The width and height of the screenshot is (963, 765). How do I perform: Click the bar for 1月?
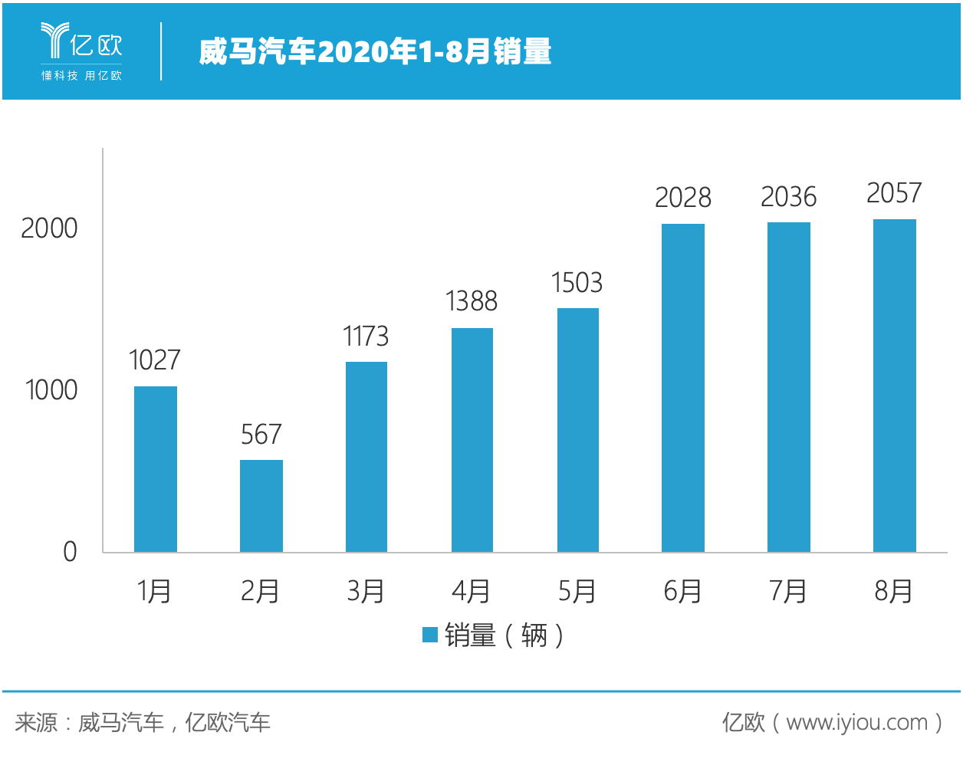coord(156,469)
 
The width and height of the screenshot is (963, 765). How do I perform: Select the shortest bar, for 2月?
coord(261,506)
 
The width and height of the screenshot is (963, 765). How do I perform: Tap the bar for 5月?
coord(578,430)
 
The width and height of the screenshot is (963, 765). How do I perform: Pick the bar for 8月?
coord(895,386)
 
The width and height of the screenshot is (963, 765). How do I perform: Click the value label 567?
coord(261,435)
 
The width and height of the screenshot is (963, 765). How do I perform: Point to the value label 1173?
coord(366,337)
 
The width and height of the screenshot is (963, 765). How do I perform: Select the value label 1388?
coord(472,301)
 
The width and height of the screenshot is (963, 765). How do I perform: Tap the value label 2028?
coord(683,198)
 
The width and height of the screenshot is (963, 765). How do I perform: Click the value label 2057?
coord(894,193)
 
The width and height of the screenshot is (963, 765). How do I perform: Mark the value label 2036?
coord(788,197)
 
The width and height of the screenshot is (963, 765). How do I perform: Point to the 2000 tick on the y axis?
coord(49,228)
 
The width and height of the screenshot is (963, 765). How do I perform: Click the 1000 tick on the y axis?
coord(51,390)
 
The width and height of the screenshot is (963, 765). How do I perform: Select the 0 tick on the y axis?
coord(70,552)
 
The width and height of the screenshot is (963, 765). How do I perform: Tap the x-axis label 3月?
coord(366,591)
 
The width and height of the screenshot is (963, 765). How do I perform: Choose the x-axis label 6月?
coord(682,591)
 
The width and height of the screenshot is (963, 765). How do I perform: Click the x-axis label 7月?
coord(788,591)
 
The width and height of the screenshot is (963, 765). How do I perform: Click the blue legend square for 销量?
coord(430,635)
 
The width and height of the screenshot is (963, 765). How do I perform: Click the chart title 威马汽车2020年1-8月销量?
coord(375,51)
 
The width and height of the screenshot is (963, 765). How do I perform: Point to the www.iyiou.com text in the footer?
coord(856,723)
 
